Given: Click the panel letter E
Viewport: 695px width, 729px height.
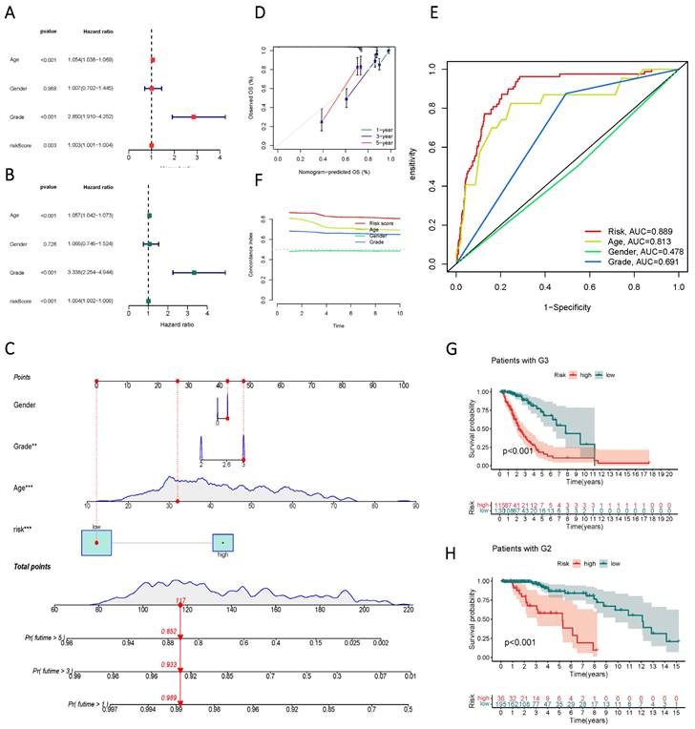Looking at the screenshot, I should (x=436, y=13).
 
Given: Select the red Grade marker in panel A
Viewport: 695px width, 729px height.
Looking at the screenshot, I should (x=194, y=116).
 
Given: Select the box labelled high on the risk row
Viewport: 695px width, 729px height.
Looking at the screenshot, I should (x=222, y=542).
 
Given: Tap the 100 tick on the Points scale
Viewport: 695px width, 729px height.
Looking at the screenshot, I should (x=404, y=385).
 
